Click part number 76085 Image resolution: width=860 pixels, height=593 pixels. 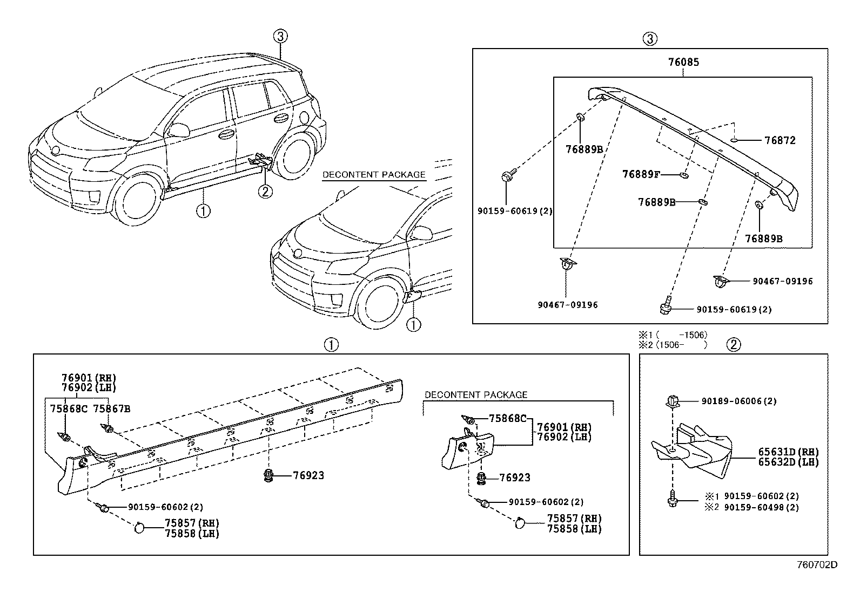click(683, 62)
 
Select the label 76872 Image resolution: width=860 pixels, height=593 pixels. click(780, 140)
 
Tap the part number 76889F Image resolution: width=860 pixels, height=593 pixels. click(641, 174)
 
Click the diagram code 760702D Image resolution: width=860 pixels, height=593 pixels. click(817, 565)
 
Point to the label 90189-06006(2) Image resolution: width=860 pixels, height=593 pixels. click(739, 401)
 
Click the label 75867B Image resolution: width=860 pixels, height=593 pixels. click(112, 408)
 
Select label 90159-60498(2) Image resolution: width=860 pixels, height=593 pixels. click(761, 507)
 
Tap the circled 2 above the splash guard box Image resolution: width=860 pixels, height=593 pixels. click(733, 345)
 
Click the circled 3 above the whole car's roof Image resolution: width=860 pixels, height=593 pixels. click(279, 37)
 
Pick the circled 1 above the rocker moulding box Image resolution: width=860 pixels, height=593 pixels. click(331, 345)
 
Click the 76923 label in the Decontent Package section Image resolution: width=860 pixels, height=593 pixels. click(514, 478)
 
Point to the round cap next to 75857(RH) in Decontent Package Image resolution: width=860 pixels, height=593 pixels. click(521, 522)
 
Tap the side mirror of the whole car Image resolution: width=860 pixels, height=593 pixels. click(179, 129)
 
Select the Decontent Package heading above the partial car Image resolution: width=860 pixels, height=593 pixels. click(374, 175)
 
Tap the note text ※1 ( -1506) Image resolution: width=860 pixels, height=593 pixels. click(672, 335)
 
